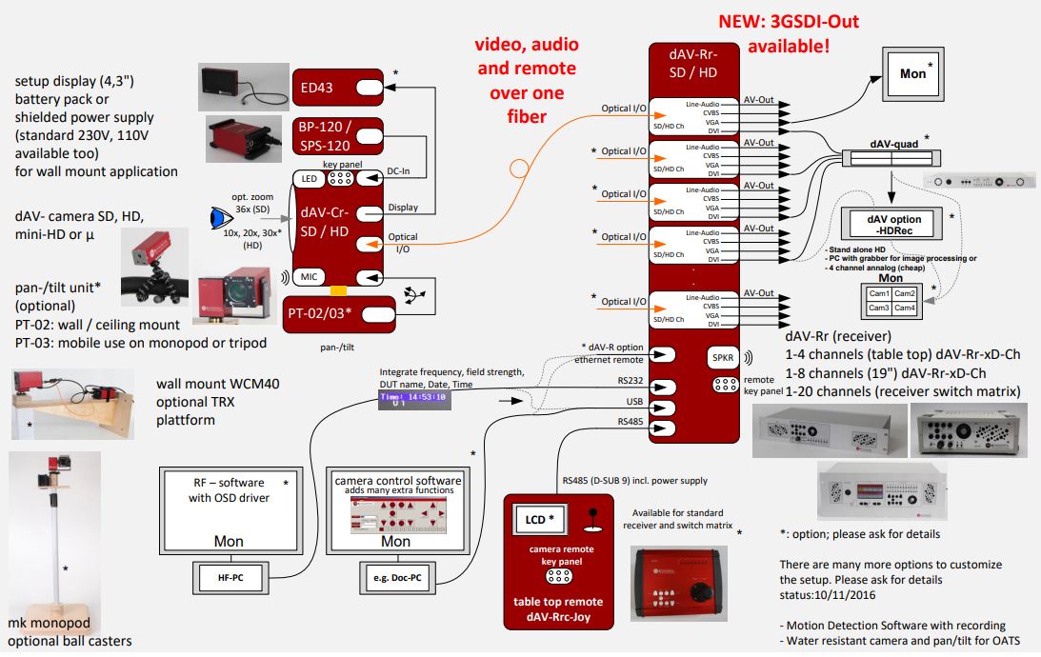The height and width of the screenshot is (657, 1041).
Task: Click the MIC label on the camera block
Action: coord(310,276)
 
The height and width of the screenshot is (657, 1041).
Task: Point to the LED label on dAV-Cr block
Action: coord(308,179)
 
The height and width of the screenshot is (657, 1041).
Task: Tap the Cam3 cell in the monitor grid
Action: coord(877,308)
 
